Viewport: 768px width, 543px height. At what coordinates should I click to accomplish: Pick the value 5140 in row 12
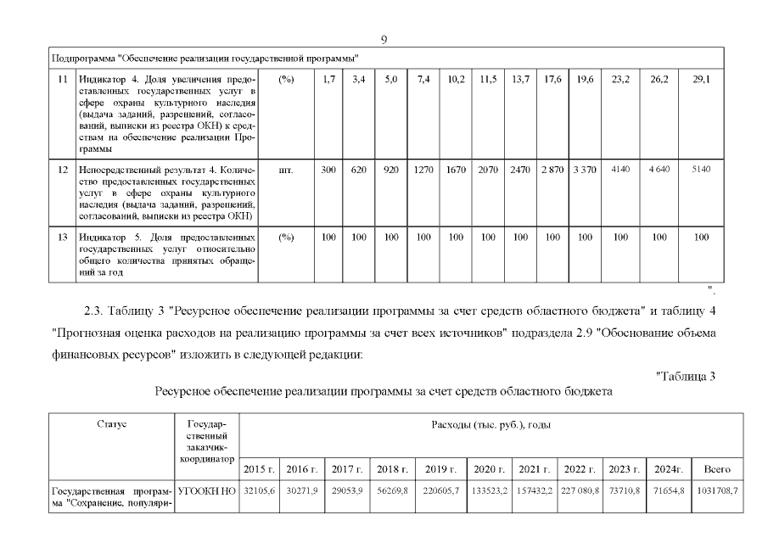tap(701, 170)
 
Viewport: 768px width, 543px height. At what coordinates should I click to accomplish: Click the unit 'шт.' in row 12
tap(286, 170)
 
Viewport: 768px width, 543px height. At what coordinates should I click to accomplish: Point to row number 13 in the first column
tap(62, 238)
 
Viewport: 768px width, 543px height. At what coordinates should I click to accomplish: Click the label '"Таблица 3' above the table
tap(687, 377)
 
